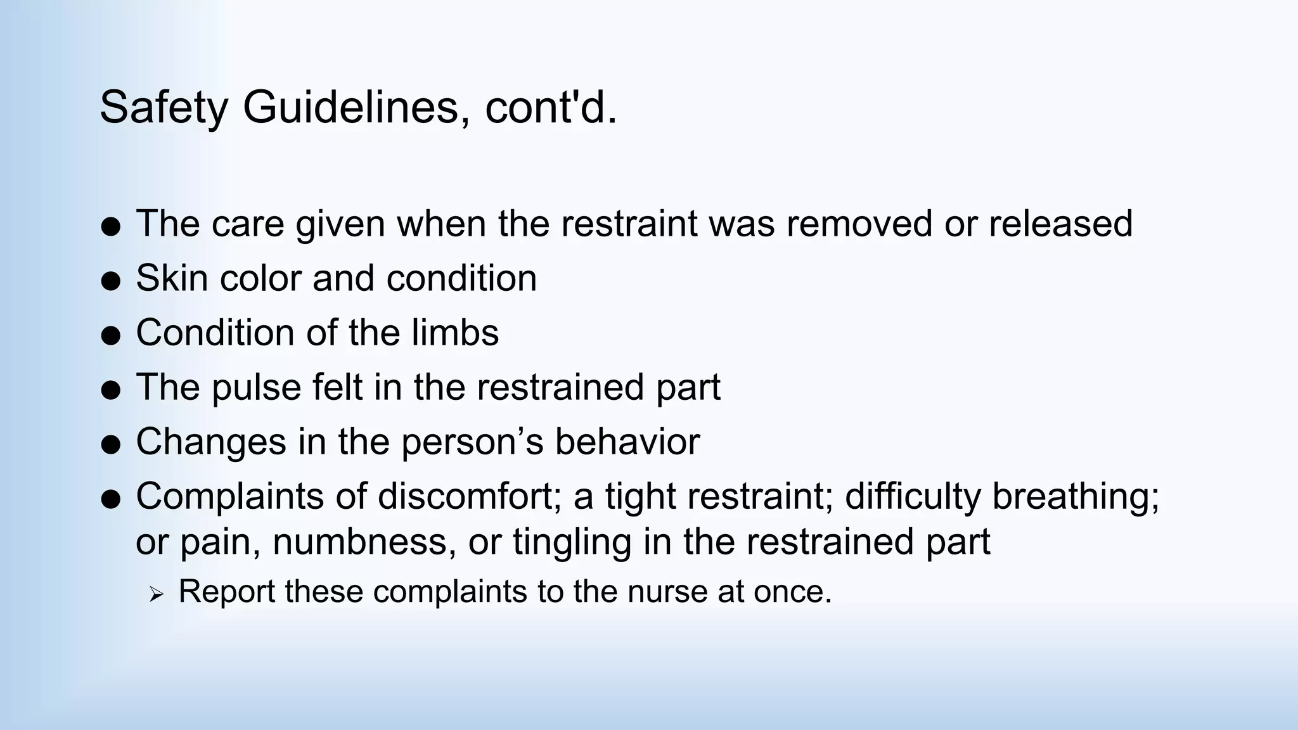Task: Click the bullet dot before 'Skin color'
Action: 111,281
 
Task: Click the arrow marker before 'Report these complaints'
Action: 156,594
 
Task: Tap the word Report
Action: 226,591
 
